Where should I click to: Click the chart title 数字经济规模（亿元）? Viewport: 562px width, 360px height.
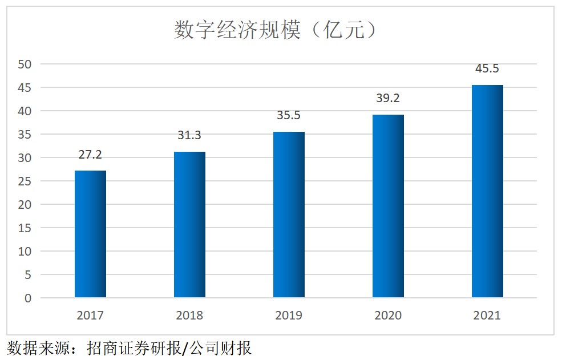click(x=276, y=30)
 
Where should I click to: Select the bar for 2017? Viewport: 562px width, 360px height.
click(x=90, y=234)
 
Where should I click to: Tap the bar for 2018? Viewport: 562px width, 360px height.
click(x=189, y=224)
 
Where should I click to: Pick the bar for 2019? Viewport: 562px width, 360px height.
click(x=289, y=215)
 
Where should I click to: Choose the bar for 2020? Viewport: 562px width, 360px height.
click(x=388, y=206)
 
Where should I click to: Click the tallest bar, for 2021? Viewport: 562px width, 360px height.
click(x=487, y=191)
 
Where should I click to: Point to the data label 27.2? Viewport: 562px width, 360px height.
click(x=90, y=155)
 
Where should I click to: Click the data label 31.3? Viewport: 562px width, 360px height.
click(x=189, y=136)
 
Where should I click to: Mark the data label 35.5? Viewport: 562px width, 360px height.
click(x=289, y=116)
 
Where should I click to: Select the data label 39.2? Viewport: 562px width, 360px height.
click(x=388, y=98)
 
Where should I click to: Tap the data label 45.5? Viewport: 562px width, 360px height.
click(x=487, y=68)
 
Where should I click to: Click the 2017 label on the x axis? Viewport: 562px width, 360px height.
click(x=90, y=315)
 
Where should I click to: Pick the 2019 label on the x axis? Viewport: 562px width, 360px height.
click(x=289, y=315)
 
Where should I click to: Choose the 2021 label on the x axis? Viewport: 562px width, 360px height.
click(x=487, y=315)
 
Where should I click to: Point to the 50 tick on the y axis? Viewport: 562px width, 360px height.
click(x=25, y=64)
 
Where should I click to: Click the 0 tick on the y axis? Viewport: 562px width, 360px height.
click(x=28, y=298)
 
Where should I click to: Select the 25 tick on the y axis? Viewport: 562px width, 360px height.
click(x=25, y=181)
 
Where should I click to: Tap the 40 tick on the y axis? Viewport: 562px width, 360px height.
click(x=25, y=111)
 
